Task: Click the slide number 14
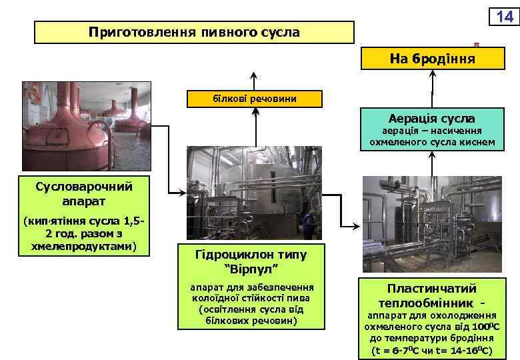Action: click(504, 17)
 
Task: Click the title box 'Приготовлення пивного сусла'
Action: click(194, 32)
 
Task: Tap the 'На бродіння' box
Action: click(433, 58)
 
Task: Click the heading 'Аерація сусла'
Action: click(433, 118)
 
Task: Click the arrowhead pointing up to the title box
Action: click(253, 74)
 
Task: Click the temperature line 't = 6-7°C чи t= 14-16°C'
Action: click(432, 349)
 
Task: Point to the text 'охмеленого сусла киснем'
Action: click(432, 141)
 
